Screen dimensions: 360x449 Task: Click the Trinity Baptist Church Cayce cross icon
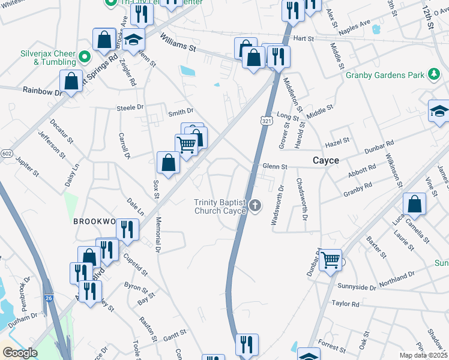pos(256,206)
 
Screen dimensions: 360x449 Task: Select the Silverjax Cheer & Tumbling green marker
pos(85,58)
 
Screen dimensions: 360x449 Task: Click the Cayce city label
pos(326,161)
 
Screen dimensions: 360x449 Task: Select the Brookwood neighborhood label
pos(94,221)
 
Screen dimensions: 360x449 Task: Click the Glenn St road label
pos(275,166)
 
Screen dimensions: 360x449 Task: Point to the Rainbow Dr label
pos(42,91)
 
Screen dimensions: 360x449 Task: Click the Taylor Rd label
pos(345,304)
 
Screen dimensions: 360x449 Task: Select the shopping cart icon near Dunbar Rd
pos(330,260)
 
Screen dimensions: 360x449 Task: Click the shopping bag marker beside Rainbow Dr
pos(71,80)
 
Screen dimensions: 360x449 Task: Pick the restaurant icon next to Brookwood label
pos(127,229)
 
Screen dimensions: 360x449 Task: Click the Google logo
pos(20,353)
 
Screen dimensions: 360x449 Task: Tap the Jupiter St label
pos(28,167)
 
